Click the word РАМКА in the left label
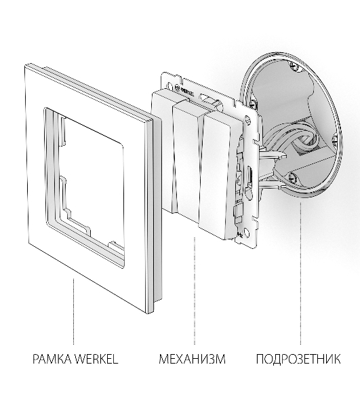coord(52,359)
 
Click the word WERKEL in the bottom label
coord(96,359)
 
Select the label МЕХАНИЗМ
coord(192,359)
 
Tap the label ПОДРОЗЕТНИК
coord(298,359)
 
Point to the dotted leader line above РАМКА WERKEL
coord(73,311)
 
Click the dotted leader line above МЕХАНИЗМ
coord(195,291)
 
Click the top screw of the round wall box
coord(294,66)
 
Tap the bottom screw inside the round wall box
coord(292,177)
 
